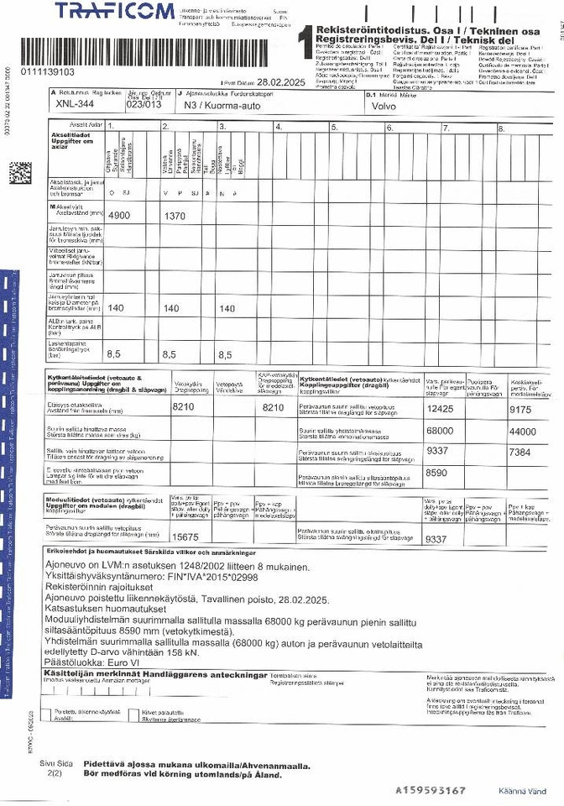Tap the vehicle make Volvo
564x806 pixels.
click(381, 107)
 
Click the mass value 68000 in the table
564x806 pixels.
click(441, 431)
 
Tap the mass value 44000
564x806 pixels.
click(522, 431)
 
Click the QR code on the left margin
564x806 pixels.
click(20, 173)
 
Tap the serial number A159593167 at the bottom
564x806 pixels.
click(431, 790)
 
